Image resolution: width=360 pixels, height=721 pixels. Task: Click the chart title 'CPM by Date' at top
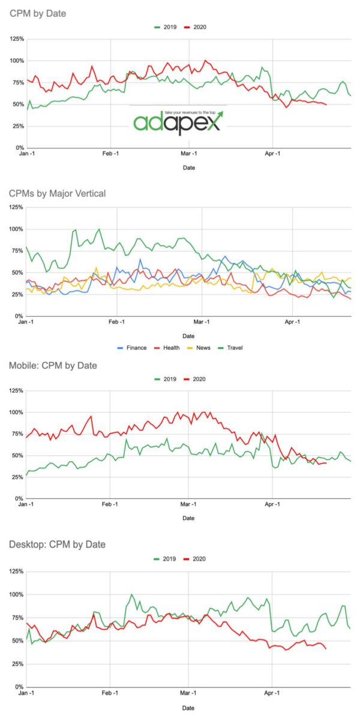click(x=38, y=13)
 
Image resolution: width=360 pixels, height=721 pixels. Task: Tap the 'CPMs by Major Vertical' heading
click(x=57, y=193)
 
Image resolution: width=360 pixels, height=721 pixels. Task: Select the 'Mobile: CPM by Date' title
click(x=53, y=365)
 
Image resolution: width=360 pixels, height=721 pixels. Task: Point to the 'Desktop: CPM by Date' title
click(x=57, y=544)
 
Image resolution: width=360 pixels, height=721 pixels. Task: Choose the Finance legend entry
click(x=133, y=347)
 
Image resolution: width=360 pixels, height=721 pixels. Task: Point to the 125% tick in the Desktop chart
click(x=16, y=571)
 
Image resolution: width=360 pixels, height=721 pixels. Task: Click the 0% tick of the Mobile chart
click(x=19, y=498)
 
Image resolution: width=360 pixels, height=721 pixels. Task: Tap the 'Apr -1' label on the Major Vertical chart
click(x=292, y=322)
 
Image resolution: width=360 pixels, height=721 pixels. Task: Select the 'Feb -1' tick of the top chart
click(x=111, y=154)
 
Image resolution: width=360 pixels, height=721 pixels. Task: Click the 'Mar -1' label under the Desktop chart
click(x=189, y=693)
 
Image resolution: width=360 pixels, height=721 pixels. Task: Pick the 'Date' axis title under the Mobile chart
click(x=188, y=518)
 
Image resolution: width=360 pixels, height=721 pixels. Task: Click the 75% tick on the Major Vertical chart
click(x=17, y=251)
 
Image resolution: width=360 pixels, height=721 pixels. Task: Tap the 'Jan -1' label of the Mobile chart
click(x=26, y=505)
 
